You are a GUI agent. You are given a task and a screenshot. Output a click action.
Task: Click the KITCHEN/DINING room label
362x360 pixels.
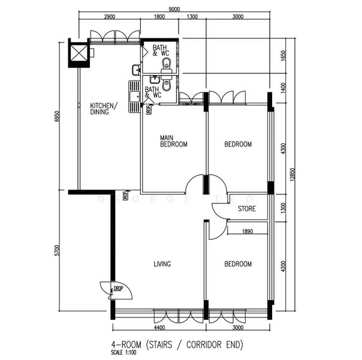104,109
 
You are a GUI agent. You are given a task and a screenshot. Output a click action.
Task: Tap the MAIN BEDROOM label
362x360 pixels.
173,141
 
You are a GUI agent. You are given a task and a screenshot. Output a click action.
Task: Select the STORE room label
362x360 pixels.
246,209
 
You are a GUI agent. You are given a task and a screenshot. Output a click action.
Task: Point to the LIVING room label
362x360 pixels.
162,264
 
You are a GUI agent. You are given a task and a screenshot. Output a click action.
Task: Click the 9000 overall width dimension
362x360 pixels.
174,10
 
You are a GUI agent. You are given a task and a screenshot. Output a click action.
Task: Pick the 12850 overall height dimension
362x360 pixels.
293,175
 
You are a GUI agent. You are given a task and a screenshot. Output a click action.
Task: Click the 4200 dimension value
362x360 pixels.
283,263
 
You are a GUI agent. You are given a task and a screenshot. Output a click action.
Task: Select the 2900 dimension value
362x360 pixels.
110,17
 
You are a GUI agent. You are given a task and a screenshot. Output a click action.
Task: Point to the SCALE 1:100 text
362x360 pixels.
128,353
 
